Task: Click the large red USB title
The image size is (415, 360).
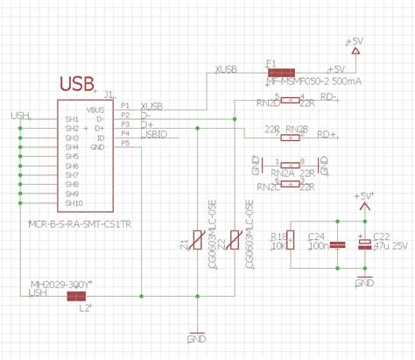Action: [77, 84]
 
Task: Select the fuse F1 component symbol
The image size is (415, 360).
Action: [280, 72]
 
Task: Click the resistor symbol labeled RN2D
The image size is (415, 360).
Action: [289, 100]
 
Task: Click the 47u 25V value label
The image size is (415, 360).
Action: [390, 247]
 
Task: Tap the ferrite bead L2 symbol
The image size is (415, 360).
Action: [81, 296]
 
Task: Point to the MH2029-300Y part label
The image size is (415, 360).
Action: [60, 286]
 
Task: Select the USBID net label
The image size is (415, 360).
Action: [154, 134]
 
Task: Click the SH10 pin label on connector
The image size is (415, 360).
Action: [73, 203]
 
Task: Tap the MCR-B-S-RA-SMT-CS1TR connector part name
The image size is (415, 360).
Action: [81, 223]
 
